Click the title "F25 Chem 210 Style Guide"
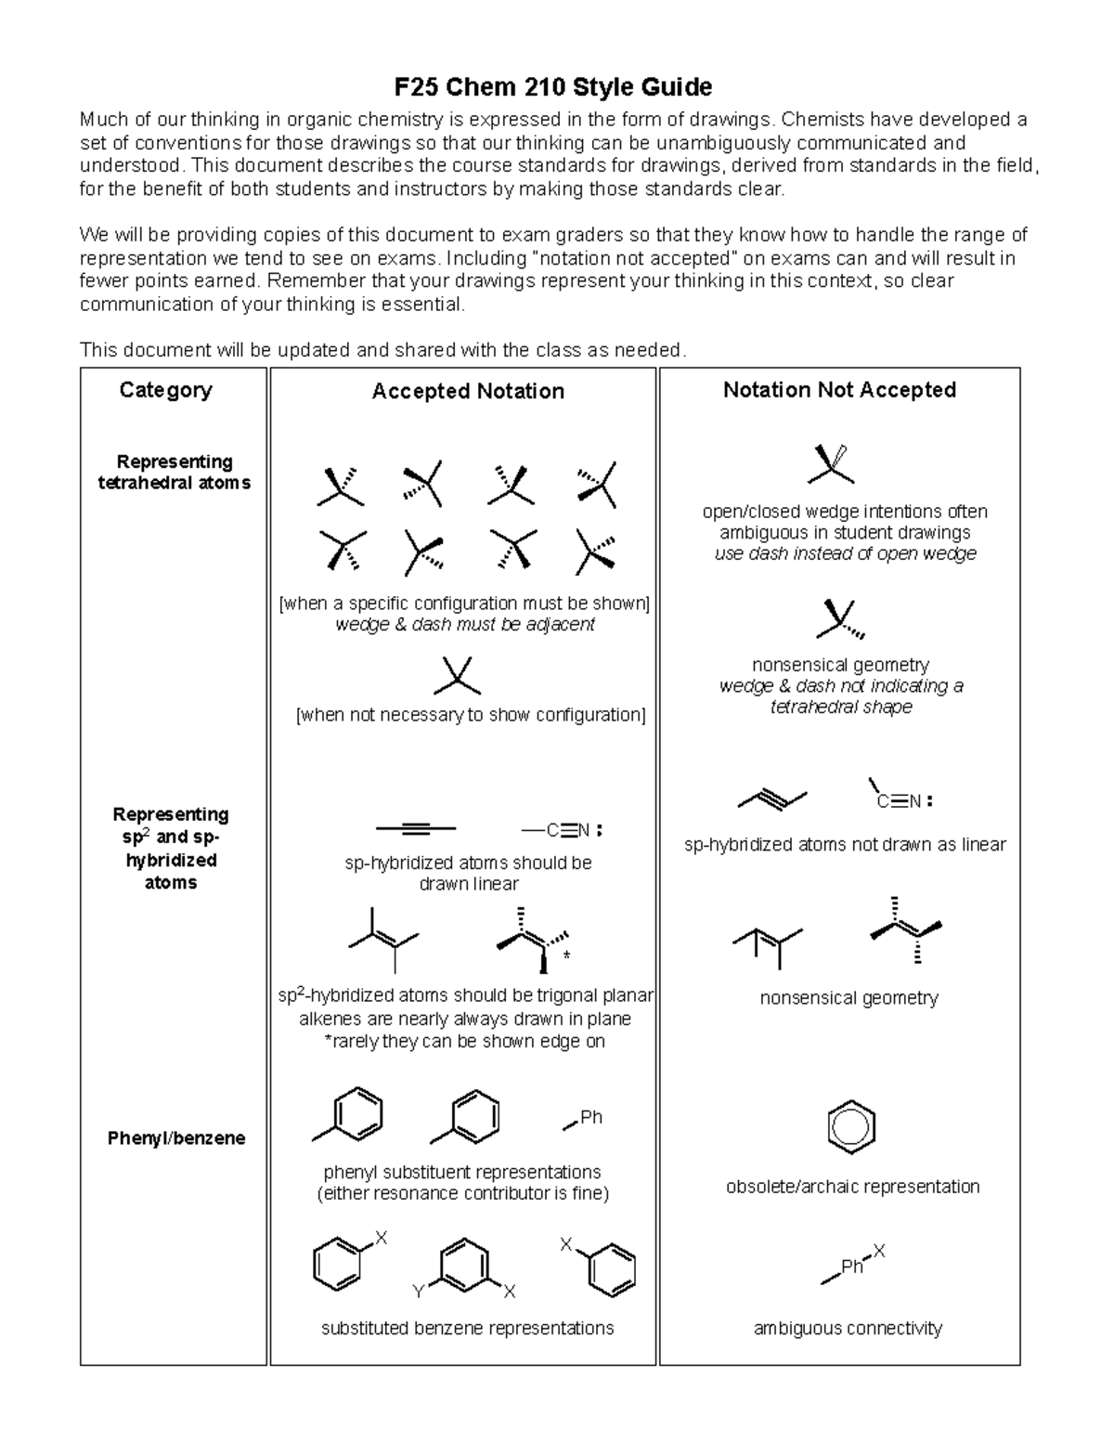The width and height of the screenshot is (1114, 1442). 553,87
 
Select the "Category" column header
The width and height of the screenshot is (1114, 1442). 165,390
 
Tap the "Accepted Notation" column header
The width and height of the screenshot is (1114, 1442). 468,392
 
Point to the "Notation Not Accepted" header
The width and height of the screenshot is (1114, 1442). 839,390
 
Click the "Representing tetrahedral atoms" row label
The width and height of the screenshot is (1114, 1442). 174,473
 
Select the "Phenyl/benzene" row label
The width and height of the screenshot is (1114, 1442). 176,1138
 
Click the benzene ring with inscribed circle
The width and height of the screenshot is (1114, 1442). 851,1127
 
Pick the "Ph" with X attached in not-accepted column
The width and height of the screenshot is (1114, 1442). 852,1267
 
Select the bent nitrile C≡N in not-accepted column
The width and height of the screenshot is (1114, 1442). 897,799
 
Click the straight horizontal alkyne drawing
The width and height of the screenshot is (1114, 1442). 415,827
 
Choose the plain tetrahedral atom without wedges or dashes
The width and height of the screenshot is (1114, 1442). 457,677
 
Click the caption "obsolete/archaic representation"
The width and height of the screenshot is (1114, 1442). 852,1187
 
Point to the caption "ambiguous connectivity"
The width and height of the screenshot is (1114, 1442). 848,1329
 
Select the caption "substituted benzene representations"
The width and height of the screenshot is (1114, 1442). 467,1329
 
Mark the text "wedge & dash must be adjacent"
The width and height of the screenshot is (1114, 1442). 464,625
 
